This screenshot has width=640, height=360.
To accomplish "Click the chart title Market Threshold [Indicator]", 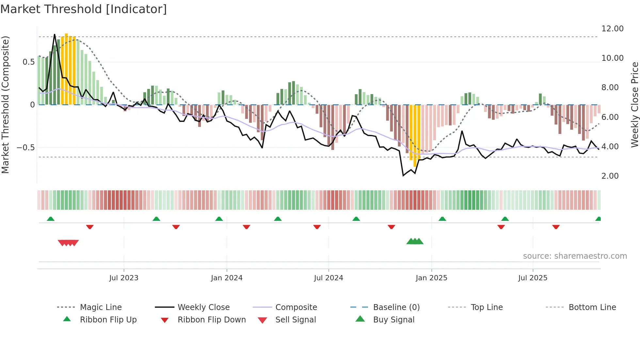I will click(x=84, y=9).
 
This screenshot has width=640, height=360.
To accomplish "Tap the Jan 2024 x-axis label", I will click(x=227, y=278).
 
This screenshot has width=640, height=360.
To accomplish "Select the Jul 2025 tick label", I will click(x=533, y=278).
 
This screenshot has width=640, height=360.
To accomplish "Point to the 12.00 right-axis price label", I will click(x=612, y=29).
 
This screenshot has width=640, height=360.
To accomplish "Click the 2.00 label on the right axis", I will click(x=610, y=176).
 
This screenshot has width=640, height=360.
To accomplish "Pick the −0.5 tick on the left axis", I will click(x=25, y=148).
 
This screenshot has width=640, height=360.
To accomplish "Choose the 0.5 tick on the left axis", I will click(x=28, y=62).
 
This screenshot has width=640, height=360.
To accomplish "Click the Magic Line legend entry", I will click(x=101, y=307).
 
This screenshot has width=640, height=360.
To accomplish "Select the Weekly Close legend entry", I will click(x=203, y=307).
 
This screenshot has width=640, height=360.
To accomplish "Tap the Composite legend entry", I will click(x=296, y=307).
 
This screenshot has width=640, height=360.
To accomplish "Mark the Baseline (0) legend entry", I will click(x=396, y=307).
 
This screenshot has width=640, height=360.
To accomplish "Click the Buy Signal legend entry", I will click(x=393, y=320).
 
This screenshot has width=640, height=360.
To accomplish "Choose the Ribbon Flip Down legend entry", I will click(x=211, y=320).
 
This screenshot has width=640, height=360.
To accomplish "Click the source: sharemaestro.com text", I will click(x=575, y=256).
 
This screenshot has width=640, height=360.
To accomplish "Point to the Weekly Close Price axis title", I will click(x=634, y=105).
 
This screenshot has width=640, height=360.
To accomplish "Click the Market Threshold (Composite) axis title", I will click(x=5, y=105).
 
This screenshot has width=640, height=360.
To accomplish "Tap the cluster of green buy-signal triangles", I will click(x=415, y=241).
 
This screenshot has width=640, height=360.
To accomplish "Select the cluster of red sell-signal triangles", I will click(x=68, y=243).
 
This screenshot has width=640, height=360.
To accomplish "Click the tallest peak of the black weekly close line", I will click(x=55, y=34).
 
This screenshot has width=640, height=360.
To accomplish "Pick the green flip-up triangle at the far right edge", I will click(x=598, y=219).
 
